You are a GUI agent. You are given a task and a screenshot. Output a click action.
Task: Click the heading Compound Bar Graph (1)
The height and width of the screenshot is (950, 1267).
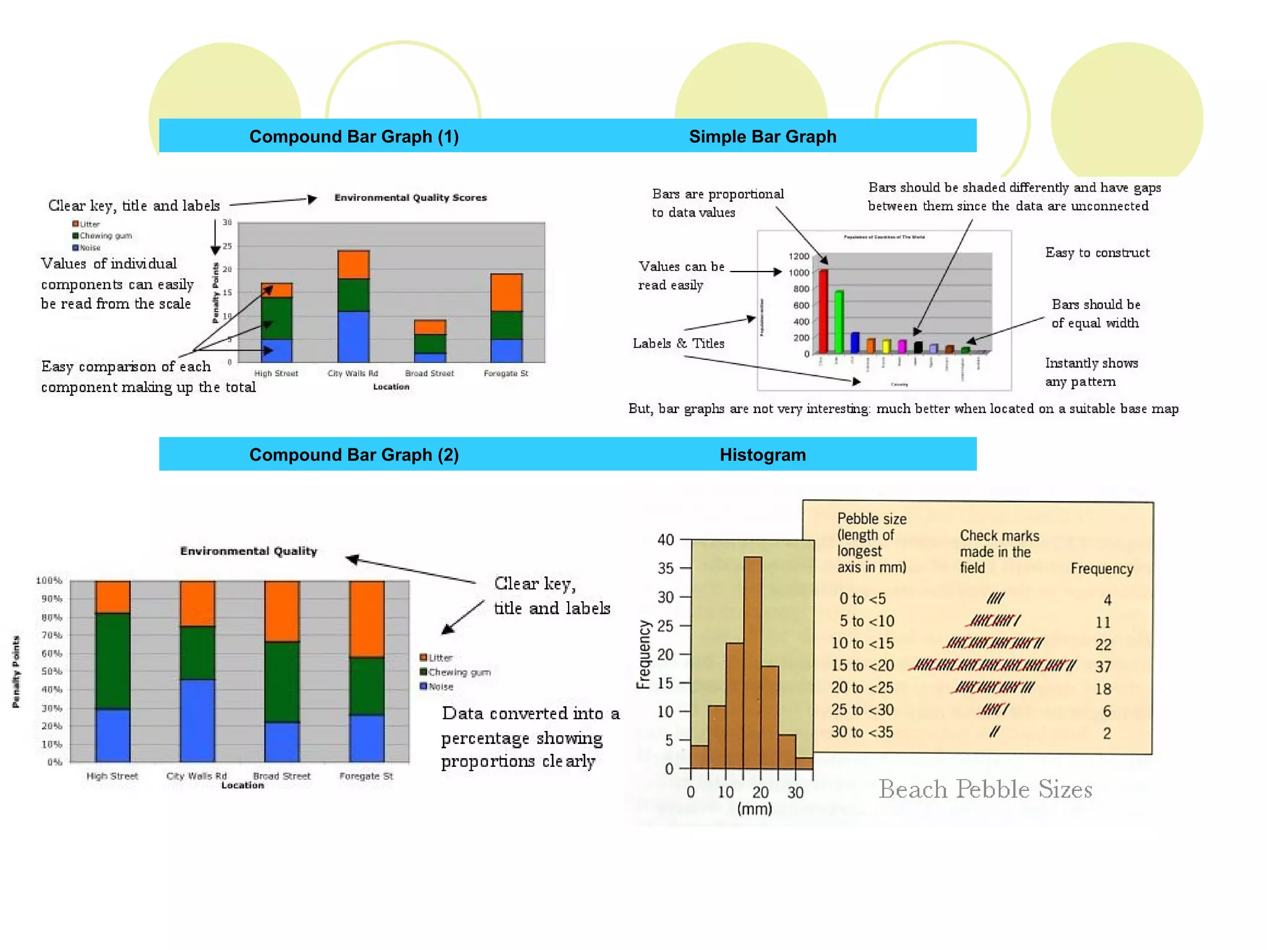coord(354,137)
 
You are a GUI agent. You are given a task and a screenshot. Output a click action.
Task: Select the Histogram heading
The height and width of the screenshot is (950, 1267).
coord(762,455)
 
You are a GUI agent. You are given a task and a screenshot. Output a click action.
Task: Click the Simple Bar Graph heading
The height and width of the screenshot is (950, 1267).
coord(762,137)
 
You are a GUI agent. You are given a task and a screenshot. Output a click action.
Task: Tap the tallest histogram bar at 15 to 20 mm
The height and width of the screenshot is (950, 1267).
coord(752,662)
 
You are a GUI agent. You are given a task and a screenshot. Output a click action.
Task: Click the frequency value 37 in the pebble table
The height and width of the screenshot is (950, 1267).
coord(1103,667)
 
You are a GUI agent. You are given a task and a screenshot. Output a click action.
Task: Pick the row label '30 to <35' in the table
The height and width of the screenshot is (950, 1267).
coord(862,732)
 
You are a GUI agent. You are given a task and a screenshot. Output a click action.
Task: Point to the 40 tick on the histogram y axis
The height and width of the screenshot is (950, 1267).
coord(666,540)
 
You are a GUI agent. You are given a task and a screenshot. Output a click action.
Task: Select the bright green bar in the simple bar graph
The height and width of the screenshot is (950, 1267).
coord(839,322)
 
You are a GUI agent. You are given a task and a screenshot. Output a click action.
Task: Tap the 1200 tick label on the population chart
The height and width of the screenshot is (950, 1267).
coord(799,256)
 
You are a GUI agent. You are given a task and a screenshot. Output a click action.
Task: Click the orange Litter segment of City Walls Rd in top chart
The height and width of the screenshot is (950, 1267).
coord(353,265)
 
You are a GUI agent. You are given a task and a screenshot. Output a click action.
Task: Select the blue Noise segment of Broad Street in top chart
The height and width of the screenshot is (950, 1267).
coord(429,357)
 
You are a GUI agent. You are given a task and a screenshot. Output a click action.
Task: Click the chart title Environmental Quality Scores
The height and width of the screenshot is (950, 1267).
coord(410,198)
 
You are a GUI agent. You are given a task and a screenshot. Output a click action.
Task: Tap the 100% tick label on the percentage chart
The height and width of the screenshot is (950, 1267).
coord(49,581)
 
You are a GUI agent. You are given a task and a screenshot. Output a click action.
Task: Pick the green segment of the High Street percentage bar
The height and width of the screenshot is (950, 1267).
coord(113,661)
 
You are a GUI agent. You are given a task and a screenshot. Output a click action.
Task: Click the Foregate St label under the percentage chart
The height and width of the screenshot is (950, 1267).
coord(366,776)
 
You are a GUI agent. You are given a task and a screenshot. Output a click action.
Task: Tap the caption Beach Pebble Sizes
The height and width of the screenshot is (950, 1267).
coord(985,790)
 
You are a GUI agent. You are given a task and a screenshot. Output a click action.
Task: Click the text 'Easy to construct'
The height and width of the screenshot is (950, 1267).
coord(1097,253)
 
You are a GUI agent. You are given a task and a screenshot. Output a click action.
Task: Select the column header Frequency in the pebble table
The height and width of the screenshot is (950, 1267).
coord(1102,569)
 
